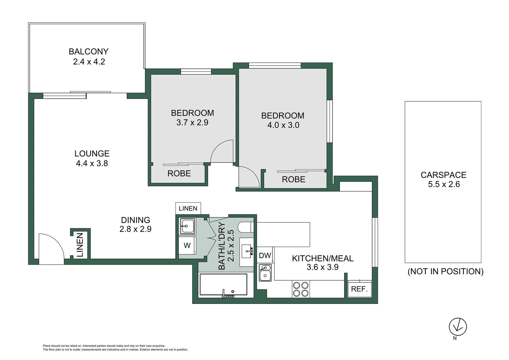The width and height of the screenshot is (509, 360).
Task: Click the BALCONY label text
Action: click(x=89, y=52)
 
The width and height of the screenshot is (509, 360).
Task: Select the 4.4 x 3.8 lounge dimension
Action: click(x=92, y=163)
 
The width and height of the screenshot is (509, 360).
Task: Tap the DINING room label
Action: click(x=135, y=220)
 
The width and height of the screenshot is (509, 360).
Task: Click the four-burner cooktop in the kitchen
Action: click(x=300, y=289)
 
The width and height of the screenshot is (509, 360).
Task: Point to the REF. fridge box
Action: click(x=359, y=289)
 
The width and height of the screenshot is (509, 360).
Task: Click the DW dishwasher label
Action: click(x=265, y=256)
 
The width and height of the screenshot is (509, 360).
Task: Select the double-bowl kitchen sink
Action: click(x=265, y=272)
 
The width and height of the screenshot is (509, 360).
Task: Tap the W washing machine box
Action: click(x=187, y=246)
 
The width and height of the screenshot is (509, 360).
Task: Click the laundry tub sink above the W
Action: click(x=188, y=226)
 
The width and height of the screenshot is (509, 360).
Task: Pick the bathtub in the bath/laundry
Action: click(x=223, y=285)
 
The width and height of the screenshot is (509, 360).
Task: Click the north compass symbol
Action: click(x=458, y=327)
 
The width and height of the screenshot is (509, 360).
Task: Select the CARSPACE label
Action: click(x=443, y=175)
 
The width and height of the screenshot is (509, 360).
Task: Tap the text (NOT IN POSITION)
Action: click(x=445, y=271)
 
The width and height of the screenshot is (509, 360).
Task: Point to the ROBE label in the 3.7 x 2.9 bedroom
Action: click(x=179, y=174)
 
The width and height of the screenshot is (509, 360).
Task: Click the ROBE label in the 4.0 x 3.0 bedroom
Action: click(x=293, y=180)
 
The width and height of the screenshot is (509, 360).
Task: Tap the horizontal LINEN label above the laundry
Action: click(x=188, y=209)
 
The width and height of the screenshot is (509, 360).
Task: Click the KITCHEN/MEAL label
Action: click(x=322, y=258)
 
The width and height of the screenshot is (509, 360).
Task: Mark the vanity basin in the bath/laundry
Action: click(x=247, y=250)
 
